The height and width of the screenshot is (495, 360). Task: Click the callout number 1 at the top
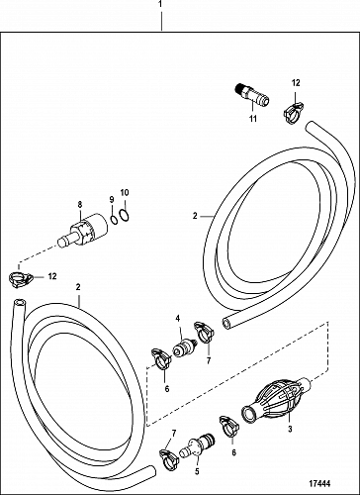pos(160,4)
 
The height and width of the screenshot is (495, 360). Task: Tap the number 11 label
pos(253,119)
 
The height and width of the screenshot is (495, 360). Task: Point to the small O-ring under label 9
pos(114,219)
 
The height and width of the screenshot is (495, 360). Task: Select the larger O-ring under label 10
pos(124,215)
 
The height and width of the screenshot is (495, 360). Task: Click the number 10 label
pos(125,193)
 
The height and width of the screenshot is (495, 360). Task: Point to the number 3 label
pos(290,430)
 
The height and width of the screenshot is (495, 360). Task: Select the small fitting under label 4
pos(185,348)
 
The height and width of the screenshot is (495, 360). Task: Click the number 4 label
pos(178,319)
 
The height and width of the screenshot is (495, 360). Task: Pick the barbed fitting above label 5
pos(197,446)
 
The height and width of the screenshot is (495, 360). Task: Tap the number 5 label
pos(197,471)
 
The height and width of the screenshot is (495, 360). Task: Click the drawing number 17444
pos(319,484)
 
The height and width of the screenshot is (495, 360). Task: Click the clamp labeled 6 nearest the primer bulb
pos(229,426)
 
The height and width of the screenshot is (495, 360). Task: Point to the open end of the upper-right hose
pos(226,323)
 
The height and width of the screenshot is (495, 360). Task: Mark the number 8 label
pos(80,204)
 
